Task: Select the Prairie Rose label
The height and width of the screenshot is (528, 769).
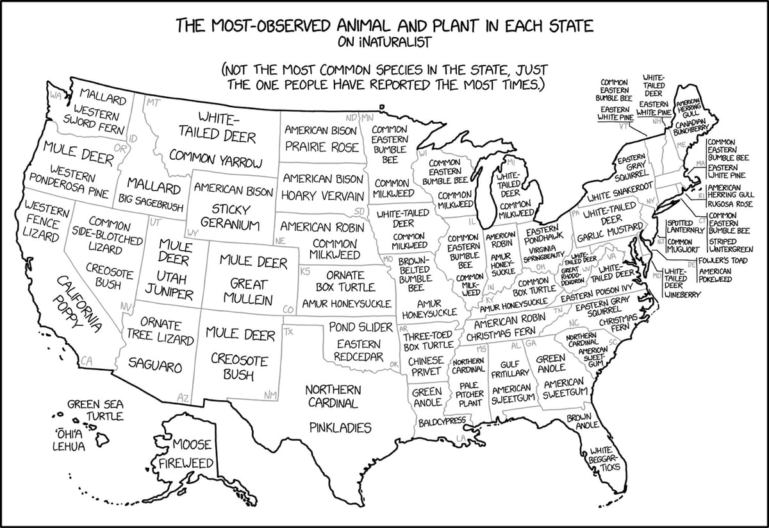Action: click(x=322, y=147)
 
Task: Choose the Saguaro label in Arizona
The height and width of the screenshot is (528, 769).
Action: click(x=155, y=366)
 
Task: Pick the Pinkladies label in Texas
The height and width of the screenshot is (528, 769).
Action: click(x=340, y=427)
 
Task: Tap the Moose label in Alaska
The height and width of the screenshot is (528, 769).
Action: click(x=192, y=445)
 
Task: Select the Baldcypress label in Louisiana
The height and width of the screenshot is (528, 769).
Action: click(x=442, y=423)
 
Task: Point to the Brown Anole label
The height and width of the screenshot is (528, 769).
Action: click(x=583, y=421)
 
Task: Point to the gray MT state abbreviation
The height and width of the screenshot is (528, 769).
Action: click(x=153, y=102)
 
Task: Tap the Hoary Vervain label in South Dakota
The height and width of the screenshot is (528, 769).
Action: click(x=323, y=195)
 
